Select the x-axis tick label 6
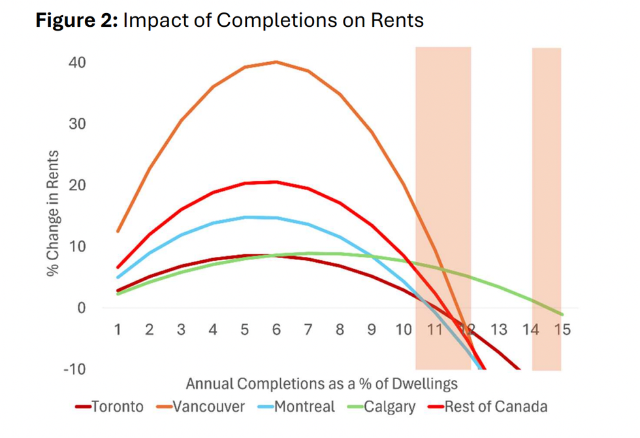pyautogui.click(x=276, y=329)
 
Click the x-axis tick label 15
pyautogui.click(x=562, y=329)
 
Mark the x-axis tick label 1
pyautogui.click(x=118, y=329)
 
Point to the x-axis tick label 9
pyautogui.click(x=372, y=329)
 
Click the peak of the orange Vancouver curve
pyautogui.click(x=276, y=62)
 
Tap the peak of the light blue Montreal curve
pyautogui.click(x=245, y=217)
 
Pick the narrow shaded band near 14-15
pyautogui.click(x=547, y=209)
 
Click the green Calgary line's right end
pyautogui.click(x=562, y=314)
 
